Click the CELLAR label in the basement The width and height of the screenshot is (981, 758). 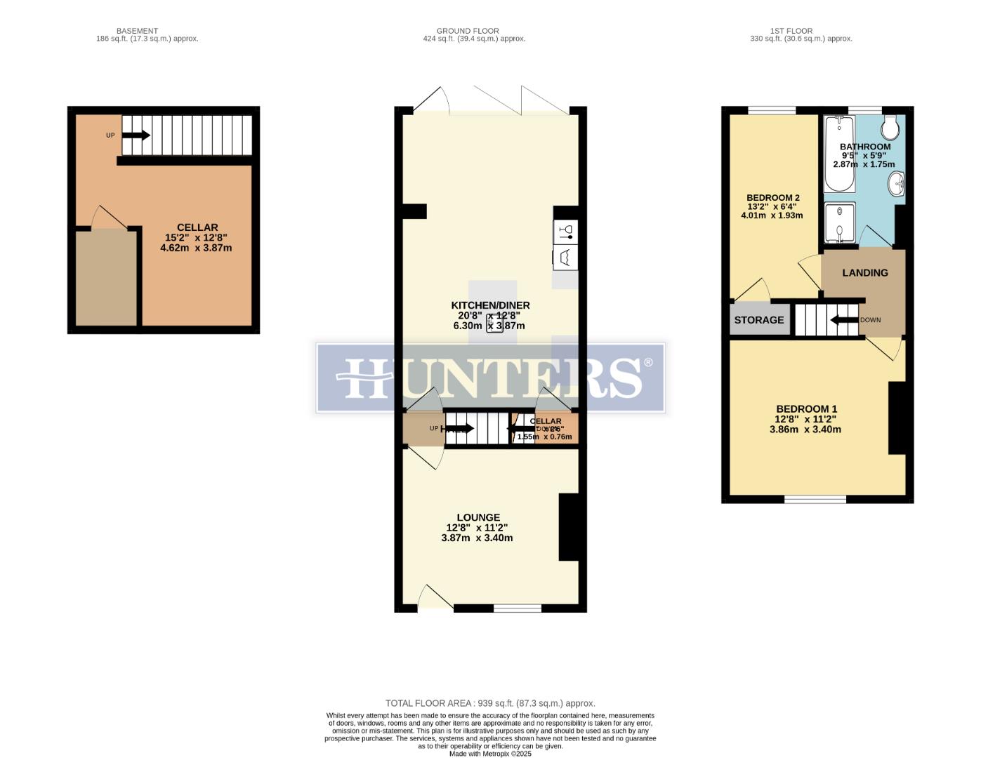(197, 227)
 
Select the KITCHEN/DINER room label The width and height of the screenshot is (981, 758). (490, 305)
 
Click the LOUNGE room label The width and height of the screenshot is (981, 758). (478, 517)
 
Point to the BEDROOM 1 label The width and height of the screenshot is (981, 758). (806, 409)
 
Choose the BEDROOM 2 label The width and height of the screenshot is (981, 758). (772, 198)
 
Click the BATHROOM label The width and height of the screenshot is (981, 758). (864, 147)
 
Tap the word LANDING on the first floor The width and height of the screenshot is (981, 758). (864, 273)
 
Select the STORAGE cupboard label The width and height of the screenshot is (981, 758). (758, 320)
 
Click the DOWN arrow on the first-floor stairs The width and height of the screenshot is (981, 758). (844, 320)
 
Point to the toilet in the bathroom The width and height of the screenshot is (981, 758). (890, 128)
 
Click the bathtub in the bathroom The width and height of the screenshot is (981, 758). (838, 154)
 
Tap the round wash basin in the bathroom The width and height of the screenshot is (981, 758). (897, 185)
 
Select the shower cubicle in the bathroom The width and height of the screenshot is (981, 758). (839, 222)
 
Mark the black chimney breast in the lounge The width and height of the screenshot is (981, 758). (568, 527)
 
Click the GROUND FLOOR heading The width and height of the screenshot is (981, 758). (468, 31)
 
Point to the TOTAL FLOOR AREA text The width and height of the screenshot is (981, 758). (490, 703)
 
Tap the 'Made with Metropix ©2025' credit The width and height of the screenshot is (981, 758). (490, 754)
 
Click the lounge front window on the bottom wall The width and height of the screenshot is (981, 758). (517, 608)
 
